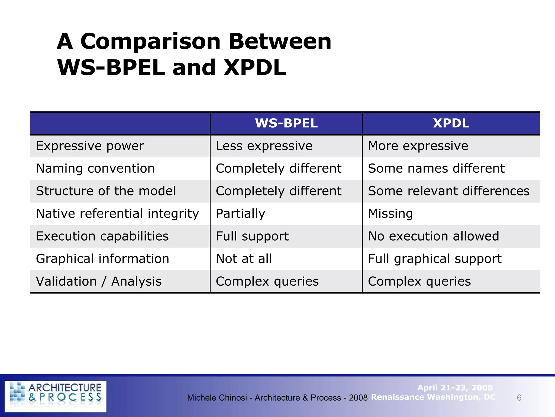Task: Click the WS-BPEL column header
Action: (286, 123)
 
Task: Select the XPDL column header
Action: (451, 123)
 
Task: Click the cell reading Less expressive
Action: (264, 146)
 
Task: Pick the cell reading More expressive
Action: (418, 146)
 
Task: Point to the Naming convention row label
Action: (95, 169)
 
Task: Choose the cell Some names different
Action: (436, 169)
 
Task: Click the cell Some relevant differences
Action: (448, 191)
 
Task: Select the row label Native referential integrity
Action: (117, 214)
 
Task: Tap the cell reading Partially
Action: (240, 214)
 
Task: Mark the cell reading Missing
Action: (390, 214)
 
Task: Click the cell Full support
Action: (252, 236)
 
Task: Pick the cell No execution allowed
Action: (433, 236)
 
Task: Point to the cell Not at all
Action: (244, 259)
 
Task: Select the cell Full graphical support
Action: (435, 259)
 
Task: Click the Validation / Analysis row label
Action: (99, 281)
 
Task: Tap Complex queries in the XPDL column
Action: (419, 281)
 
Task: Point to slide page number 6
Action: (519, 398)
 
